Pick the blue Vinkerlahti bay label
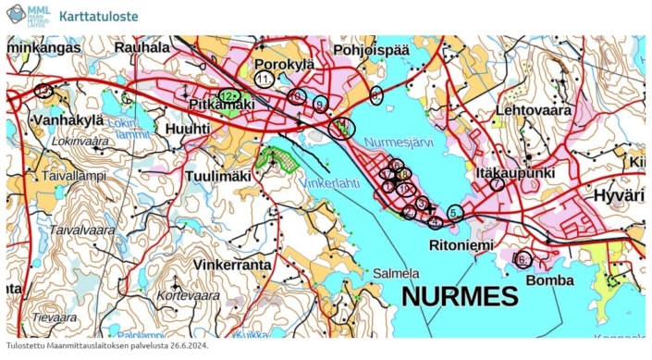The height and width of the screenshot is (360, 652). point(330,182)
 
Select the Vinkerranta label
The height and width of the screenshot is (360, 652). point(232,264)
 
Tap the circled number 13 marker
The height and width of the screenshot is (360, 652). point(43,90)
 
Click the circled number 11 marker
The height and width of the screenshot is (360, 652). point(264,80)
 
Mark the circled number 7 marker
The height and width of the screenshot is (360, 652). point(498,184)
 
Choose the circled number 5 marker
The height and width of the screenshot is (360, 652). point(454,212)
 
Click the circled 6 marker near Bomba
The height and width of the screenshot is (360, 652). point(523,259)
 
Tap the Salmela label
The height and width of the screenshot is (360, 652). point(396,273)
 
